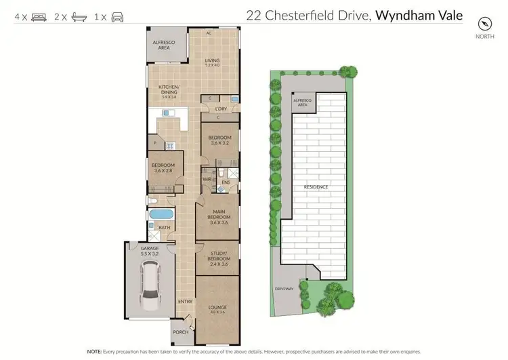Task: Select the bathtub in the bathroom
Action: point(161,214)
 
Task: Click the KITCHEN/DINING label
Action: point(169,92)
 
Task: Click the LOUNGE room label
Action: point(217,309)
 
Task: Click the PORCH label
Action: point(180,332)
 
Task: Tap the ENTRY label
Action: point(185,302)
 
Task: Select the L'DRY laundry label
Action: point(220,109)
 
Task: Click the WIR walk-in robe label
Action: point(207,180)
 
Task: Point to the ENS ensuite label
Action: point(227,182)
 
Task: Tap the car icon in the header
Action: point(117,16)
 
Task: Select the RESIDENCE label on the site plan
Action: point(315,187)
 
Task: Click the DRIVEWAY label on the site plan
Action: point(284,288)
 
